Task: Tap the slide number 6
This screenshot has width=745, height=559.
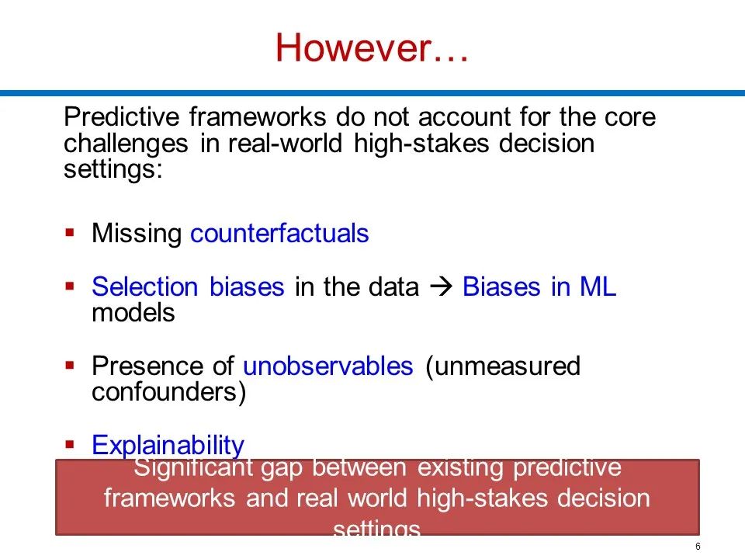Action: click(x=698, y=546)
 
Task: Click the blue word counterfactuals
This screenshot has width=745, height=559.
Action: click(x=279, y=233)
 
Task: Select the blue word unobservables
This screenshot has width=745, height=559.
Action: click(x=327, y=366)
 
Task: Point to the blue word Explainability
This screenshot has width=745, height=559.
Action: click(x=168, y=446)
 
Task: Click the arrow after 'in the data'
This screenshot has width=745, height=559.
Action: click(x=441, y=286)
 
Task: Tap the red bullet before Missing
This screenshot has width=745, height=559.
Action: click(x=70, y=232)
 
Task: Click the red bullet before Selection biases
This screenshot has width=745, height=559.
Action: click(x=70, y=286)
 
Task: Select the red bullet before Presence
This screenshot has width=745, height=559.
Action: click(x=70, y=365)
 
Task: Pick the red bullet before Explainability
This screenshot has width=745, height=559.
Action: click(x=70, y=444)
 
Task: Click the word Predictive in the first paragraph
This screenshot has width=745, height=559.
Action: click(x=122, y=116)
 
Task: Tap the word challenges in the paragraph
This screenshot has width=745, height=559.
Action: click(x=126, y=143)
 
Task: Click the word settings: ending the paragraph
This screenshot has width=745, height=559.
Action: click(x=113, y=169)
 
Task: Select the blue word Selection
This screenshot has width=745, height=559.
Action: click(x=145, y=286)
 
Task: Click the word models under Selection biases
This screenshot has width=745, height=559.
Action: click(x=133, y=313)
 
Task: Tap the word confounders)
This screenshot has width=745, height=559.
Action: click(x=168, y=392)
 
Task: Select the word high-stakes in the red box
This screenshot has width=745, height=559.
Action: click(x=481, y=498)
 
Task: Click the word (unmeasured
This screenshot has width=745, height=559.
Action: click(x=503, y=366)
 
